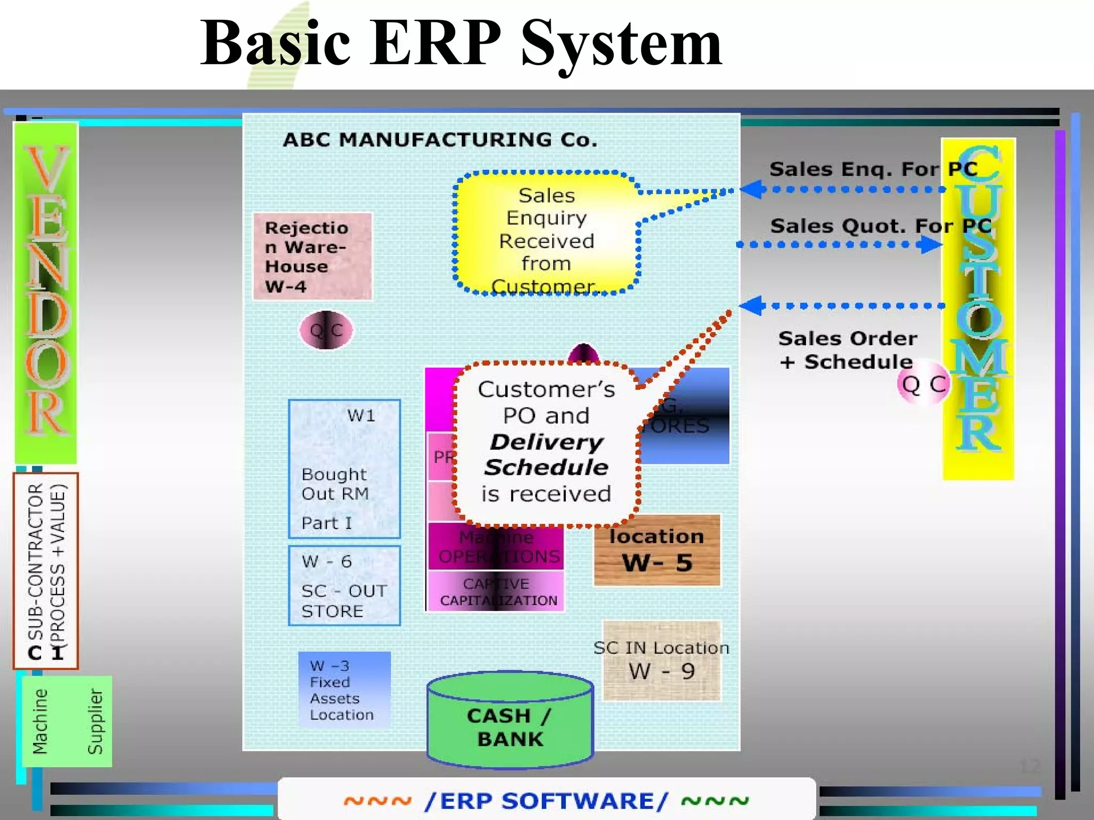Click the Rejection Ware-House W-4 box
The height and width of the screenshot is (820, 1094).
312,256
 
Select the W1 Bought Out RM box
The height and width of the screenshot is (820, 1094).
344,469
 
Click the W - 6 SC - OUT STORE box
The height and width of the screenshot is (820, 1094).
344,585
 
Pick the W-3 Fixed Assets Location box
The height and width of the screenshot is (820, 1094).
344,690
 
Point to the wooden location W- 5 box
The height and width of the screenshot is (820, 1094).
657,550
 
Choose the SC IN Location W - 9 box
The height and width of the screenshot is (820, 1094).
661,661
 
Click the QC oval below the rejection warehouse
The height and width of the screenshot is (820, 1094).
326,330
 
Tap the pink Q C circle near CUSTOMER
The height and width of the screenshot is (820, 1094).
924,384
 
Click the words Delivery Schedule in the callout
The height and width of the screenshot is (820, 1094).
546,454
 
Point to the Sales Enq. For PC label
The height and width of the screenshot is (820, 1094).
873,169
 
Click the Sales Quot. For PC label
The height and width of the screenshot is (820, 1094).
880,226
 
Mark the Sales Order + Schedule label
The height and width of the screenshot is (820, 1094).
847,350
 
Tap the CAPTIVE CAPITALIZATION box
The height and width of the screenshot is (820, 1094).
497,591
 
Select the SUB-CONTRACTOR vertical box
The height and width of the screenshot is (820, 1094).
46,570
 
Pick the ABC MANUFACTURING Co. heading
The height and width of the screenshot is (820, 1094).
440,140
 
